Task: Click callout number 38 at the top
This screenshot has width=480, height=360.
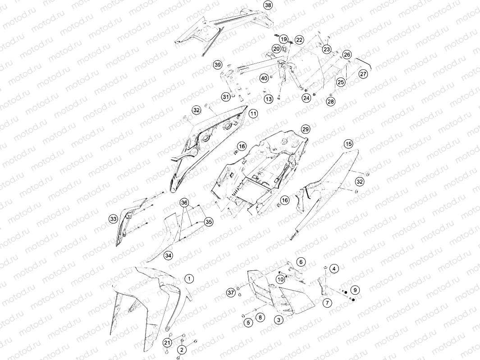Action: click(x=268, y=5)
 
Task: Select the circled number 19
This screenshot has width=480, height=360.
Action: click(x=284, y=39)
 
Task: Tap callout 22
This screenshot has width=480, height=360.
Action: click(x=299, y=40)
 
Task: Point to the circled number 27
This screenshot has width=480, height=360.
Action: click(x=363, y=74)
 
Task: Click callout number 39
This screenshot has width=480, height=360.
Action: click(x=218, y=65)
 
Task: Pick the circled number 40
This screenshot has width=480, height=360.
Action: click(x=264, y=78)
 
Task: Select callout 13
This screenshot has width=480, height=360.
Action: click(x=269, y=99)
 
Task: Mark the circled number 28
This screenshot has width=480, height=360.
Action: click(x=331, y=101)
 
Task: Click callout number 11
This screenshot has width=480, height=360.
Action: click(x=253, y=114)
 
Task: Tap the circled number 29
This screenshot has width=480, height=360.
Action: click(x=306, y=129)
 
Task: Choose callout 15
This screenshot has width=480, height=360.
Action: click(x=348, y=144)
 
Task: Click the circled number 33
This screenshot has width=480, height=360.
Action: click(x=113, y=219)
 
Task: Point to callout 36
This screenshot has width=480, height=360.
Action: click(x=184, y=203)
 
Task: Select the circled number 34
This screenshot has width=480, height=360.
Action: click(x=168, y=255)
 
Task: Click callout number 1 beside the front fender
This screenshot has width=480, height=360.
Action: click(x=189, y=278)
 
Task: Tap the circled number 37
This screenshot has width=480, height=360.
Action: click(x=231, y=293)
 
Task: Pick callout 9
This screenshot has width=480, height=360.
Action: click(x=355, y=290)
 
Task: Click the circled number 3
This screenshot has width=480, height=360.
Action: click(x=278, y=320)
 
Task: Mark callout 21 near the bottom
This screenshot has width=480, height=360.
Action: click(x=167, y=342)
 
